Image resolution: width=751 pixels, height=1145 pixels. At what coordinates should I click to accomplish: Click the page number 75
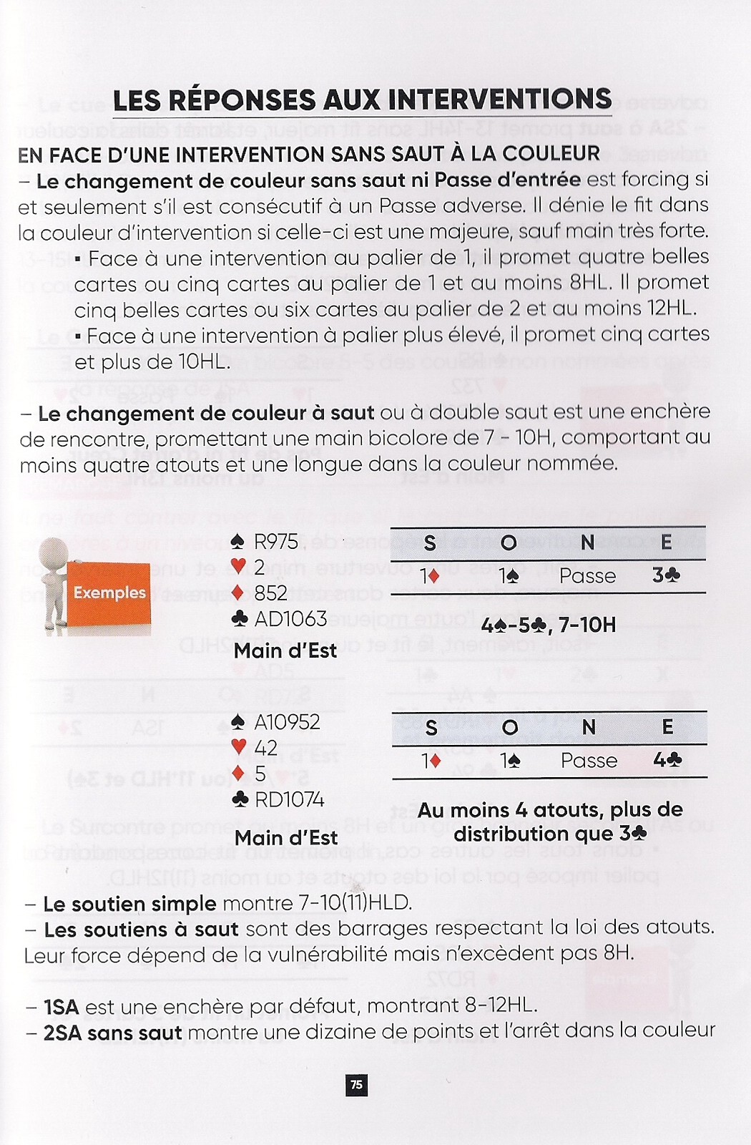pos(355,1085)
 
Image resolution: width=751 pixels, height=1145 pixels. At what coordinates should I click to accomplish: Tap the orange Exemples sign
pos(109,593)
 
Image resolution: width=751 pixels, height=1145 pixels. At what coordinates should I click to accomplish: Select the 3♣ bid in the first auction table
pos(666,575)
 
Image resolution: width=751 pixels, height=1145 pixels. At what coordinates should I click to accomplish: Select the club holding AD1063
pos(280,618)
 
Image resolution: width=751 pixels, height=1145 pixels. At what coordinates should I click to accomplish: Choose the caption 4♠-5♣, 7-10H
pos(549,625)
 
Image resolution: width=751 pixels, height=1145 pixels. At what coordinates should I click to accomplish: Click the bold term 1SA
pos(61,1006)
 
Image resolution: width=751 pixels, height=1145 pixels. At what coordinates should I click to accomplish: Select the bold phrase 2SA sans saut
pos(113,1032)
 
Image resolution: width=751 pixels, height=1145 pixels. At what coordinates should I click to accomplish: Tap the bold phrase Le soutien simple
pos(129,903)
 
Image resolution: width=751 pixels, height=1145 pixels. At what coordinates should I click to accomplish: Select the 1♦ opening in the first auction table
pos(430,575)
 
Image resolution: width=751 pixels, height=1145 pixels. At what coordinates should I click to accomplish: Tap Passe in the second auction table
pos(589,760)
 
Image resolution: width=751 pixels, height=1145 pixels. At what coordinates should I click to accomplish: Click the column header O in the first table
pos(509,542)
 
